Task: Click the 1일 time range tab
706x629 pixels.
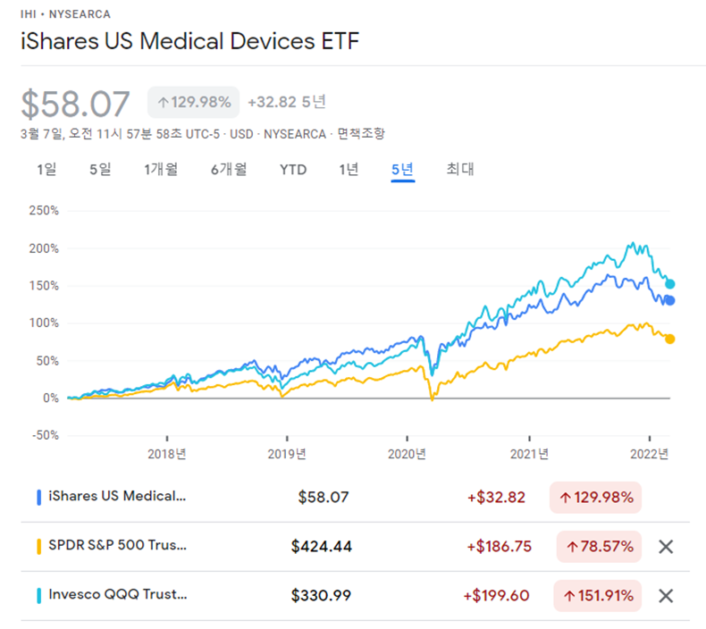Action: click(x=46, y=169)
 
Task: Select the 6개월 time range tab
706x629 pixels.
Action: click(x=229, y=169)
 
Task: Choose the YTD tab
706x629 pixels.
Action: click(x=293, y=169)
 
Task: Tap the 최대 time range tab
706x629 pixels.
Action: click(x=460, y=169)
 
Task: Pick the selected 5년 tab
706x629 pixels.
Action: click(x=402, y=169)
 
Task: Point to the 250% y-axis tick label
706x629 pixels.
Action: click(x=44, y=211)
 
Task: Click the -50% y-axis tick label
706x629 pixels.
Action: click(x=44, y=435)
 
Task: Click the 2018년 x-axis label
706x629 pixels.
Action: click(x=167, y=454)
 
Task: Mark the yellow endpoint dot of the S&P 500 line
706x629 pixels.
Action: click(x=669, y=339)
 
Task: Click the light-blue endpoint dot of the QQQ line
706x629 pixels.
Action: click(x=669, y=284)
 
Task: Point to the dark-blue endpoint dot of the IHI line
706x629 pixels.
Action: click(x=669, y=300)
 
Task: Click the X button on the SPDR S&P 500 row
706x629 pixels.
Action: click(x=666, y=547)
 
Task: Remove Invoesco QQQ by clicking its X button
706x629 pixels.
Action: click(x=666, y=595)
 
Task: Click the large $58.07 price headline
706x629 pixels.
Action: click(x=76, y=104)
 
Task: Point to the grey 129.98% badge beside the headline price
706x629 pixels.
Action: click(x=193, y=102)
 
